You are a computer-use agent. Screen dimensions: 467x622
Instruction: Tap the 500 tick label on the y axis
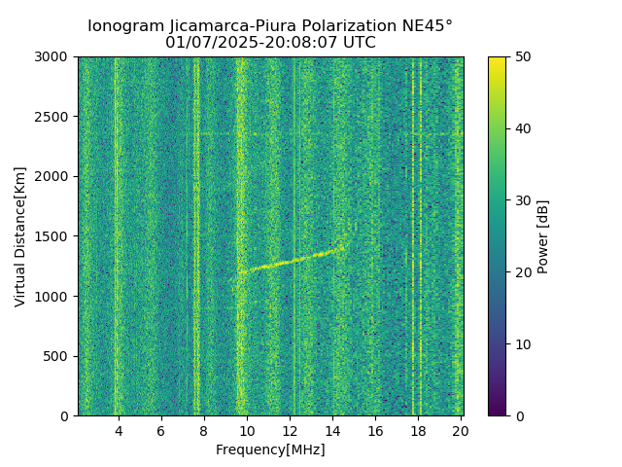click(x=59, y=356)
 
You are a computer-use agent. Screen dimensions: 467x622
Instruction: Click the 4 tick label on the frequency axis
click(x=119, y=430)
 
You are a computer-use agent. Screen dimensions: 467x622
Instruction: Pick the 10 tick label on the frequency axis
click(x=247, y=430)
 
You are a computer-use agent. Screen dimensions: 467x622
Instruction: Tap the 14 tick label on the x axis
click(x=332, y=430)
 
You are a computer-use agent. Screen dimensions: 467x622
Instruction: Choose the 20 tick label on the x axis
click(x=461, y=430)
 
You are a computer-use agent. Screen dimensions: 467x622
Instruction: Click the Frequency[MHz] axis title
click(x=270, y=449)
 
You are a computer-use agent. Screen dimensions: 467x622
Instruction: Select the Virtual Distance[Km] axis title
click(x=20, y=236)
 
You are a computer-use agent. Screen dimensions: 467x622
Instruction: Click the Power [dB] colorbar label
click(x=543, y=236)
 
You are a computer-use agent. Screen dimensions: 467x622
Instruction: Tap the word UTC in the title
click(x=359, y=43)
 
